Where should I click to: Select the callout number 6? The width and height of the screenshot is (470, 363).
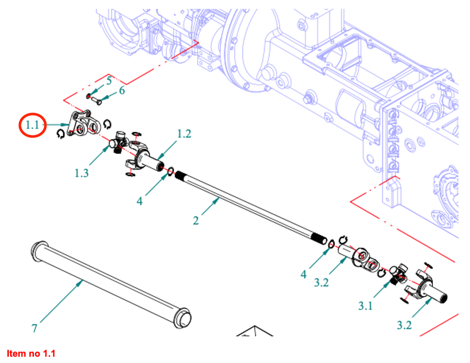coord(122,90)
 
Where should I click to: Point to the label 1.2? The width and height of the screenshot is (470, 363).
coord(184,134)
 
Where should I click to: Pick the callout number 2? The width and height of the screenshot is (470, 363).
coord(196,220)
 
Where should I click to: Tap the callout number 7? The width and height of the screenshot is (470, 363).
coord(35,328)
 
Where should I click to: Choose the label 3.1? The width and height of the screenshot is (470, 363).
coord(365,305)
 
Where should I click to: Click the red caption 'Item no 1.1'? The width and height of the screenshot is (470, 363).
coord(30,354)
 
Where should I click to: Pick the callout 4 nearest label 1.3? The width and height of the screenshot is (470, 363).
coord(140,200)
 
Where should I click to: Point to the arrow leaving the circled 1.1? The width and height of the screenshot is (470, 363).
coord(56,124)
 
